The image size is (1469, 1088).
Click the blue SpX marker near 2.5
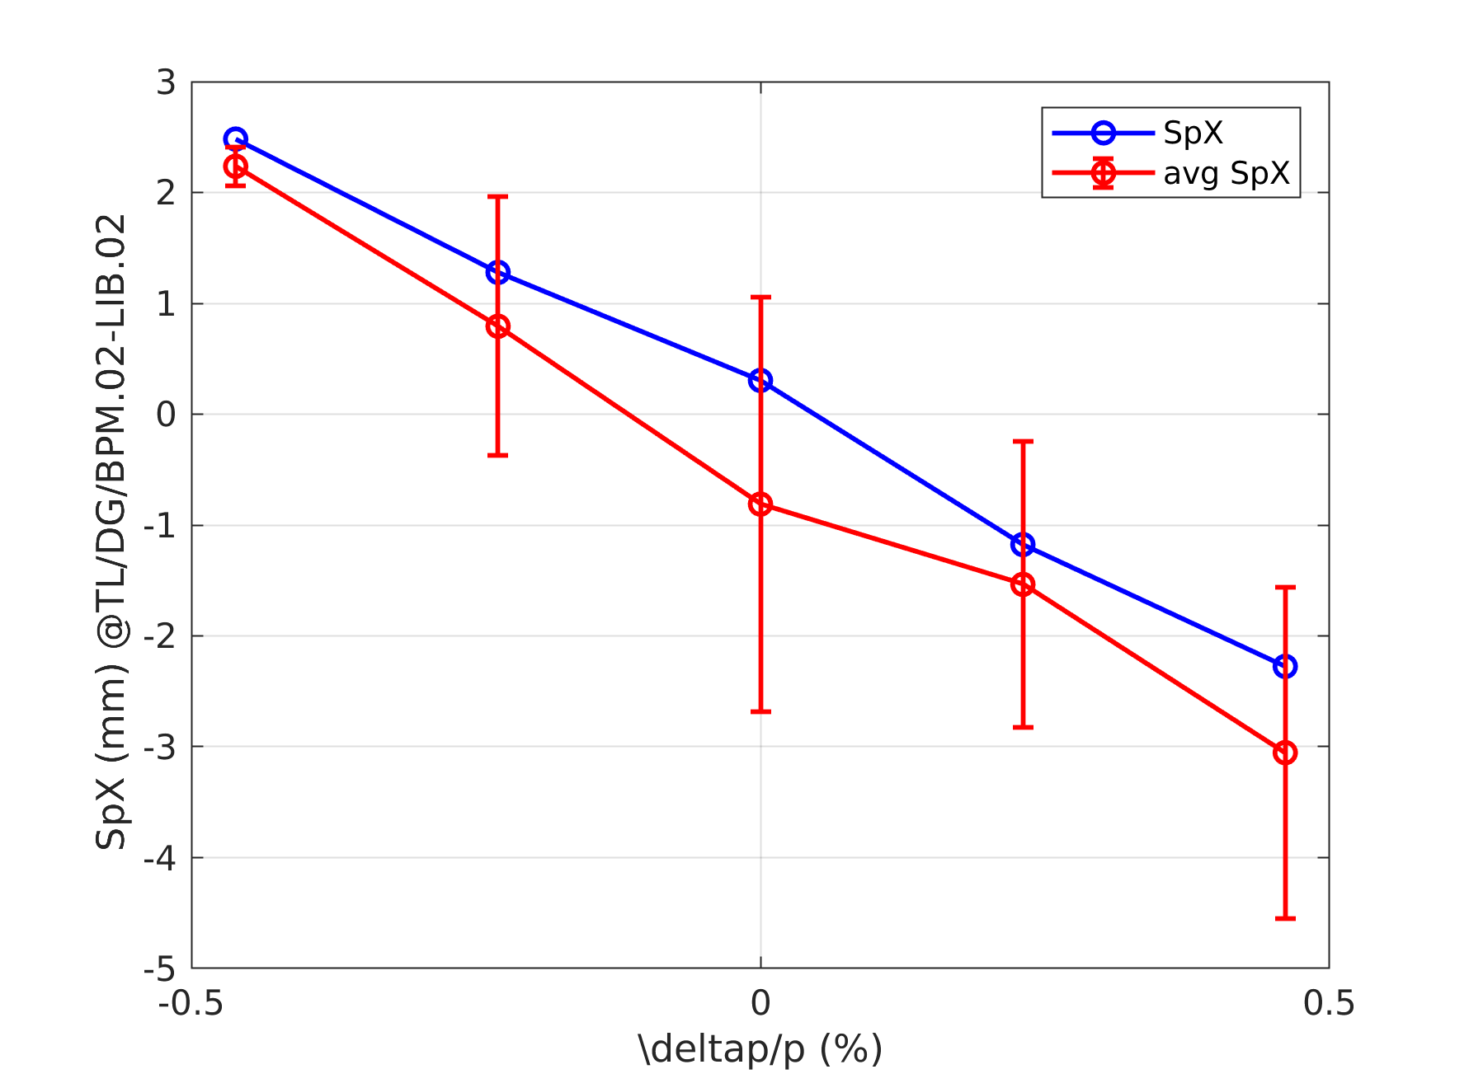[x=235, y=138]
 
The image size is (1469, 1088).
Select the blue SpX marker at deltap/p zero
[x=760, y=380]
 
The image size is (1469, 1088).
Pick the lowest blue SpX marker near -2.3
[x=1285, y=666]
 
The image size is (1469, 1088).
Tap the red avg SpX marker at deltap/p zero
[x=760, y=504]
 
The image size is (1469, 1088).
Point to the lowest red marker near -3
[x=1285, y=753]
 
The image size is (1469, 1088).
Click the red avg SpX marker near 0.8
[x=497, y=326]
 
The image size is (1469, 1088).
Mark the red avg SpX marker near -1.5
[x=1023, y=584]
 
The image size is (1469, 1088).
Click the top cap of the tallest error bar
[x=760, y=297]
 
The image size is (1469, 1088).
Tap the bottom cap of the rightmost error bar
[x=1285, y=918]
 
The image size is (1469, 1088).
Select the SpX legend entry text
[x=1193, y=133]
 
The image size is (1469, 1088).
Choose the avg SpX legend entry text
[x=1227, y=173]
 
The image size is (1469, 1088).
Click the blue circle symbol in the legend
[x=1103, y=133]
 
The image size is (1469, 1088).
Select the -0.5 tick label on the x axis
[x=191, y=1003]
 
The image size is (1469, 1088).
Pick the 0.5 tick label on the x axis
[x=1329, y=1003]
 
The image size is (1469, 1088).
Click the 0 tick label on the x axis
[x=760, y=1003]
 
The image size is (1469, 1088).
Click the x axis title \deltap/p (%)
[x=760, y=1049]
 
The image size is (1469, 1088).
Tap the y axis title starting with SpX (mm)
[x=111, y=532]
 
